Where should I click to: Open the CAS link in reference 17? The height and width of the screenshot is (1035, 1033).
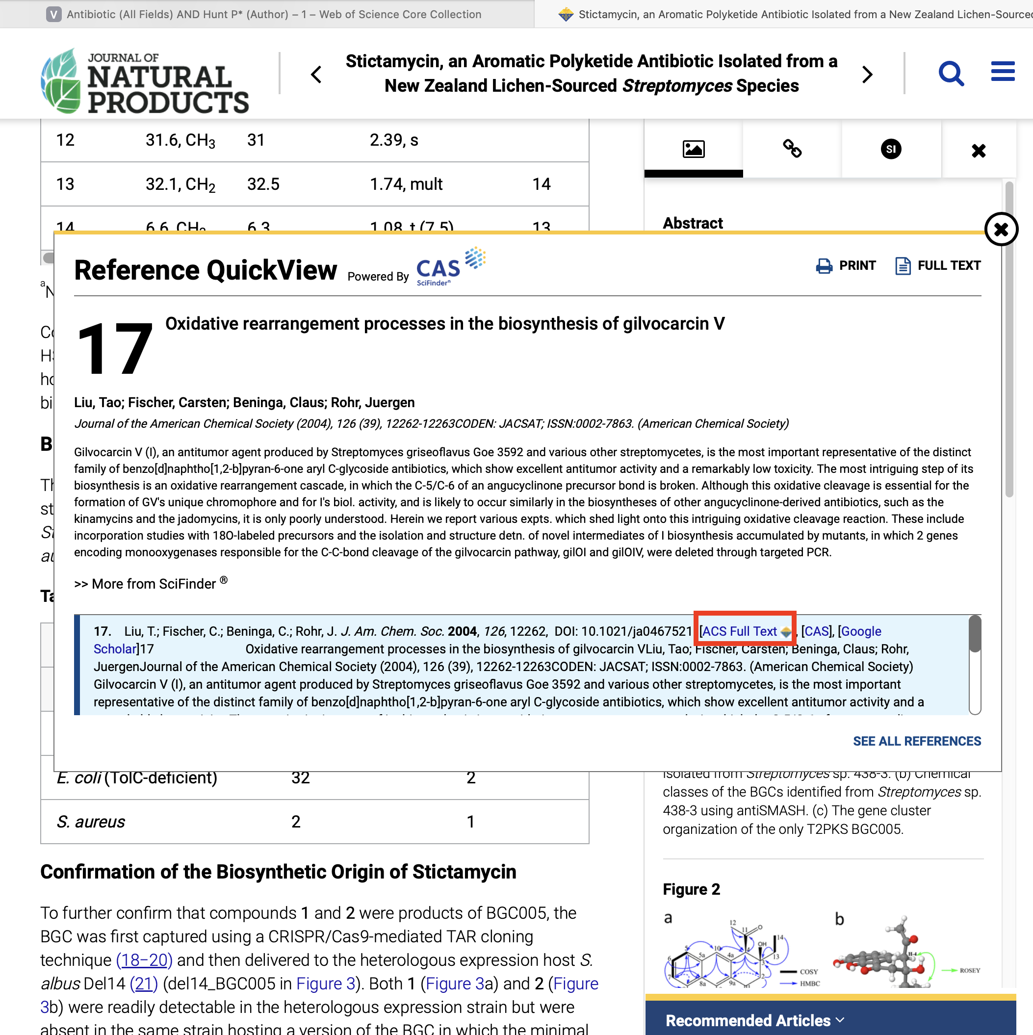(816, 631)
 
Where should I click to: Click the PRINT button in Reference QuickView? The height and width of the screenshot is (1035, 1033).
(846, 265)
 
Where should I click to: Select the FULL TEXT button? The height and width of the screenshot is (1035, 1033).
(938, 265)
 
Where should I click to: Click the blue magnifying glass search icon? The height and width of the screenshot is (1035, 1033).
(951, 74)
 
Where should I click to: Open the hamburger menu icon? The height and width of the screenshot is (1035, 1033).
(1003, 71)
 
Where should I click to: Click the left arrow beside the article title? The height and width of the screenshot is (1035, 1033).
(317, 75)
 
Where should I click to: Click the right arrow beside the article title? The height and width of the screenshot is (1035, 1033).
(867, 75)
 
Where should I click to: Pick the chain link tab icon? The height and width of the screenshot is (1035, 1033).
(792, 149)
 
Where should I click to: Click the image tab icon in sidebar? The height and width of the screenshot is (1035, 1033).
(693, 149)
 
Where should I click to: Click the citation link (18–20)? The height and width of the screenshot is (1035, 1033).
(144, 959)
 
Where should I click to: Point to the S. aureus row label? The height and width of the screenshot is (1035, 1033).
(91, 821)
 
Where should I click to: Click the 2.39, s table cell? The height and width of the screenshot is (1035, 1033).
(394, 140)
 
